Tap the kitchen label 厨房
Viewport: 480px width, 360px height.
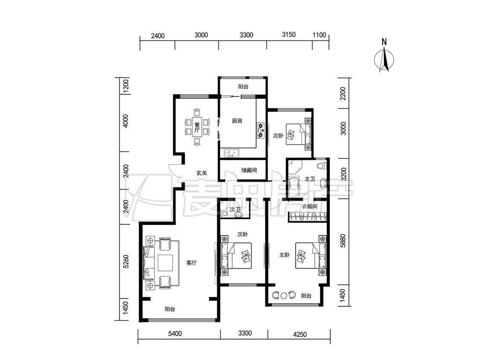(x=237, y=121)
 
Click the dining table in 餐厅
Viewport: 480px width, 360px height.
(x=197, y=128)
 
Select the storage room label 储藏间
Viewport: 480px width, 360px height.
(x=249, y=170)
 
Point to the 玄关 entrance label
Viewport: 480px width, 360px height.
(x=201, y=173)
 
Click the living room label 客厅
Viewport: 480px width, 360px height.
(x=191, y=263)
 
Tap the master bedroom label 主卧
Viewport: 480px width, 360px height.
(x=285, y=255)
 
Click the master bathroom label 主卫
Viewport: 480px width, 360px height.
(x=310, y=179)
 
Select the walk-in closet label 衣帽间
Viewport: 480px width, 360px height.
(x=309, y=206)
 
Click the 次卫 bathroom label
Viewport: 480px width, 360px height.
(x=235, y=209)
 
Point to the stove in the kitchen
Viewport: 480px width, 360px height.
(x=261, y=130)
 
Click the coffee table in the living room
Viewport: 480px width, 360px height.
(x=165, y=263)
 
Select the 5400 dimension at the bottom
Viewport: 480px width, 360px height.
(x=175, y=334)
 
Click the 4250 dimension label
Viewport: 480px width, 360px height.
(x=300, y=334)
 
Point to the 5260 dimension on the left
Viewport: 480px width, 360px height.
(x=125, y=262)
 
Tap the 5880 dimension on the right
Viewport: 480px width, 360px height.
(x=343, y=241)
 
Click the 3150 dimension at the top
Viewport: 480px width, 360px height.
(x=289, y=34)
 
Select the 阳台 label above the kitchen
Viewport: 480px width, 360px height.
(x=243, y=87)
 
